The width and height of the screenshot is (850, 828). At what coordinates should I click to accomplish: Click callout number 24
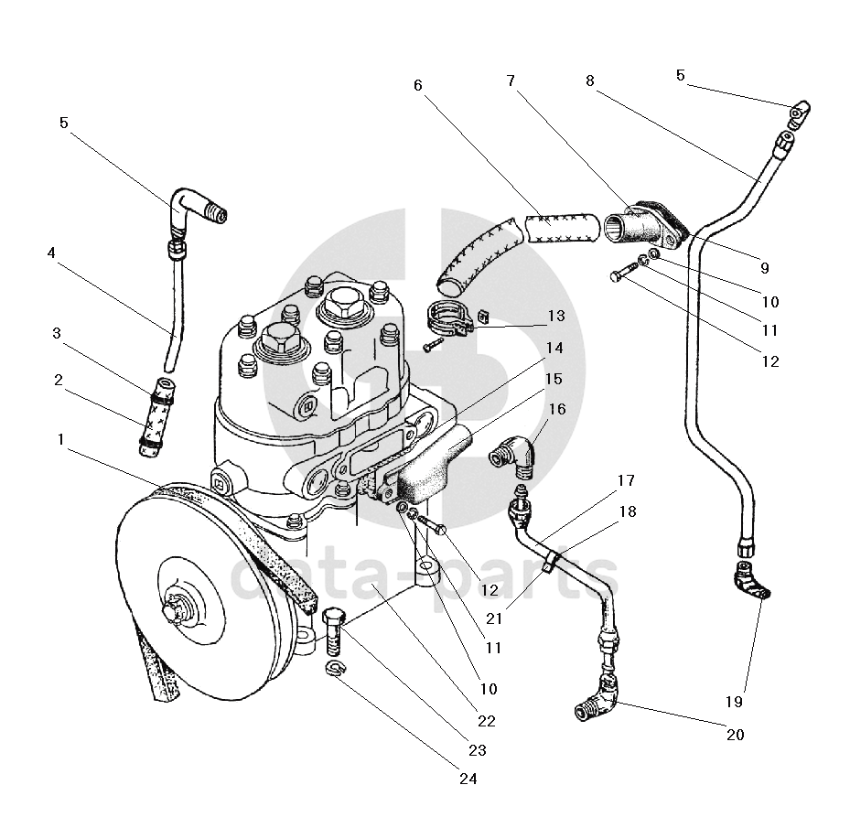468,779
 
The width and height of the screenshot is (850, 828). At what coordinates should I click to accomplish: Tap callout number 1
60,439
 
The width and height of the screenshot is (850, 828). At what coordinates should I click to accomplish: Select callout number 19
734,702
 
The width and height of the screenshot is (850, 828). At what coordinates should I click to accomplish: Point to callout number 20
735,735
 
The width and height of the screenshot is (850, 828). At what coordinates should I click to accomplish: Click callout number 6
417,85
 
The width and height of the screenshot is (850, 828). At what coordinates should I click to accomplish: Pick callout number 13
556,316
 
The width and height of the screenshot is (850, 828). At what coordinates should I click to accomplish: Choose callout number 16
557,409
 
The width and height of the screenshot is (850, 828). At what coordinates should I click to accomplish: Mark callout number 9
764,267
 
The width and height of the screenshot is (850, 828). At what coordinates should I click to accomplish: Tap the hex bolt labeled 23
332,631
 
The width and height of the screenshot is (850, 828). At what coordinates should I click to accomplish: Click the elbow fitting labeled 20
596,698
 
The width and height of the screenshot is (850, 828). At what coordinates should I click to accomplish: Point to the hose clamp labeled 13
448,320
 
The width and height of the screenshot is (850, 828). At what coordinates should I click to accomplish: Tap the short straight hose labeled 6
562,228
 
